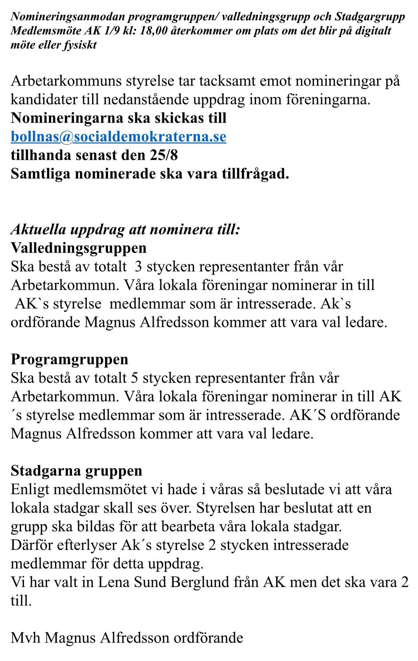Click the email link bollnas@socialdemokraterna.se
[118, 137]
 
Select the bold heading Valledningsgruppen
[79, 248]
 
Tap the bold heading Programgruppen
[69, 359]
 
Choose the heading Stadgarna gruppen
[76, 471]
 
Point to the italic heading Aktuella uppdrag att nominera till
[125, 229]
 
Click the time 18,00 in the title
[154, 31]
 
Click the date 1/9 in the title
[111, 31]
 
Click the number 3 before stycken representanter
[138, 267]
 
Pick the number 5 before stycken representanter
[135, 378]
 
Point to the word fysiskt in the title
[80, 45]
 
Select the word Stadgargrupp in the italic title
[370, 17]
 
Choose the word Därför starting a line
[31, 545]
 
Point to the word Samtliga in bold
[40, 174]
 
